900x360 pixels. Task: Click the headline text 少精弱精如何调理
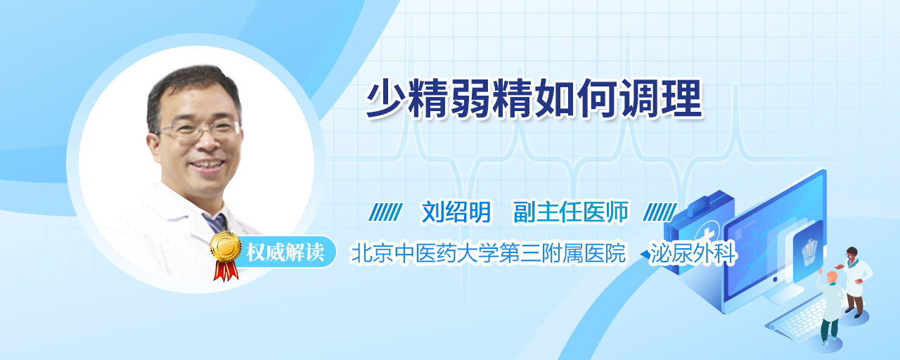coord(534,99)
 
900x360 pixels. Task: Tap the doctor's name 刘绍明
coord(456,212)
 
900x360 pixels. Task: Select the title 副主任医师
coord(571,212)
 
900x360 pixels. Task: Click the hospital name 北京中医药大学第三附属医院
coord(488,253)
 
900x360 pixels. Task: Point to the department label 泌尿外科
coord(693,253)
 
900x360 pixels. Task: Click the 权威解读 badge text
coord(285,252)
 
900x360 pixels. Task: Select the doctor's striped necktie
coord(216,222)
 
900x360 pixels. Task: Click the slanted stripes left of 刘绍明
coord(385,212)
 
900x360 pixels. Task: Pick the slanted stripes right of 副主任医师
coord(660,212)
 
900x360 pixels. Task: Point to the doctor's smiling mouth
coord(207,165)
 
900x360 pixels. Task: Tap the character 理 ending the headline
coord(682,99)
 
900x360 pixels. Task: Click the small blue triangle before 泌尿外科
coord(645,255)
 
